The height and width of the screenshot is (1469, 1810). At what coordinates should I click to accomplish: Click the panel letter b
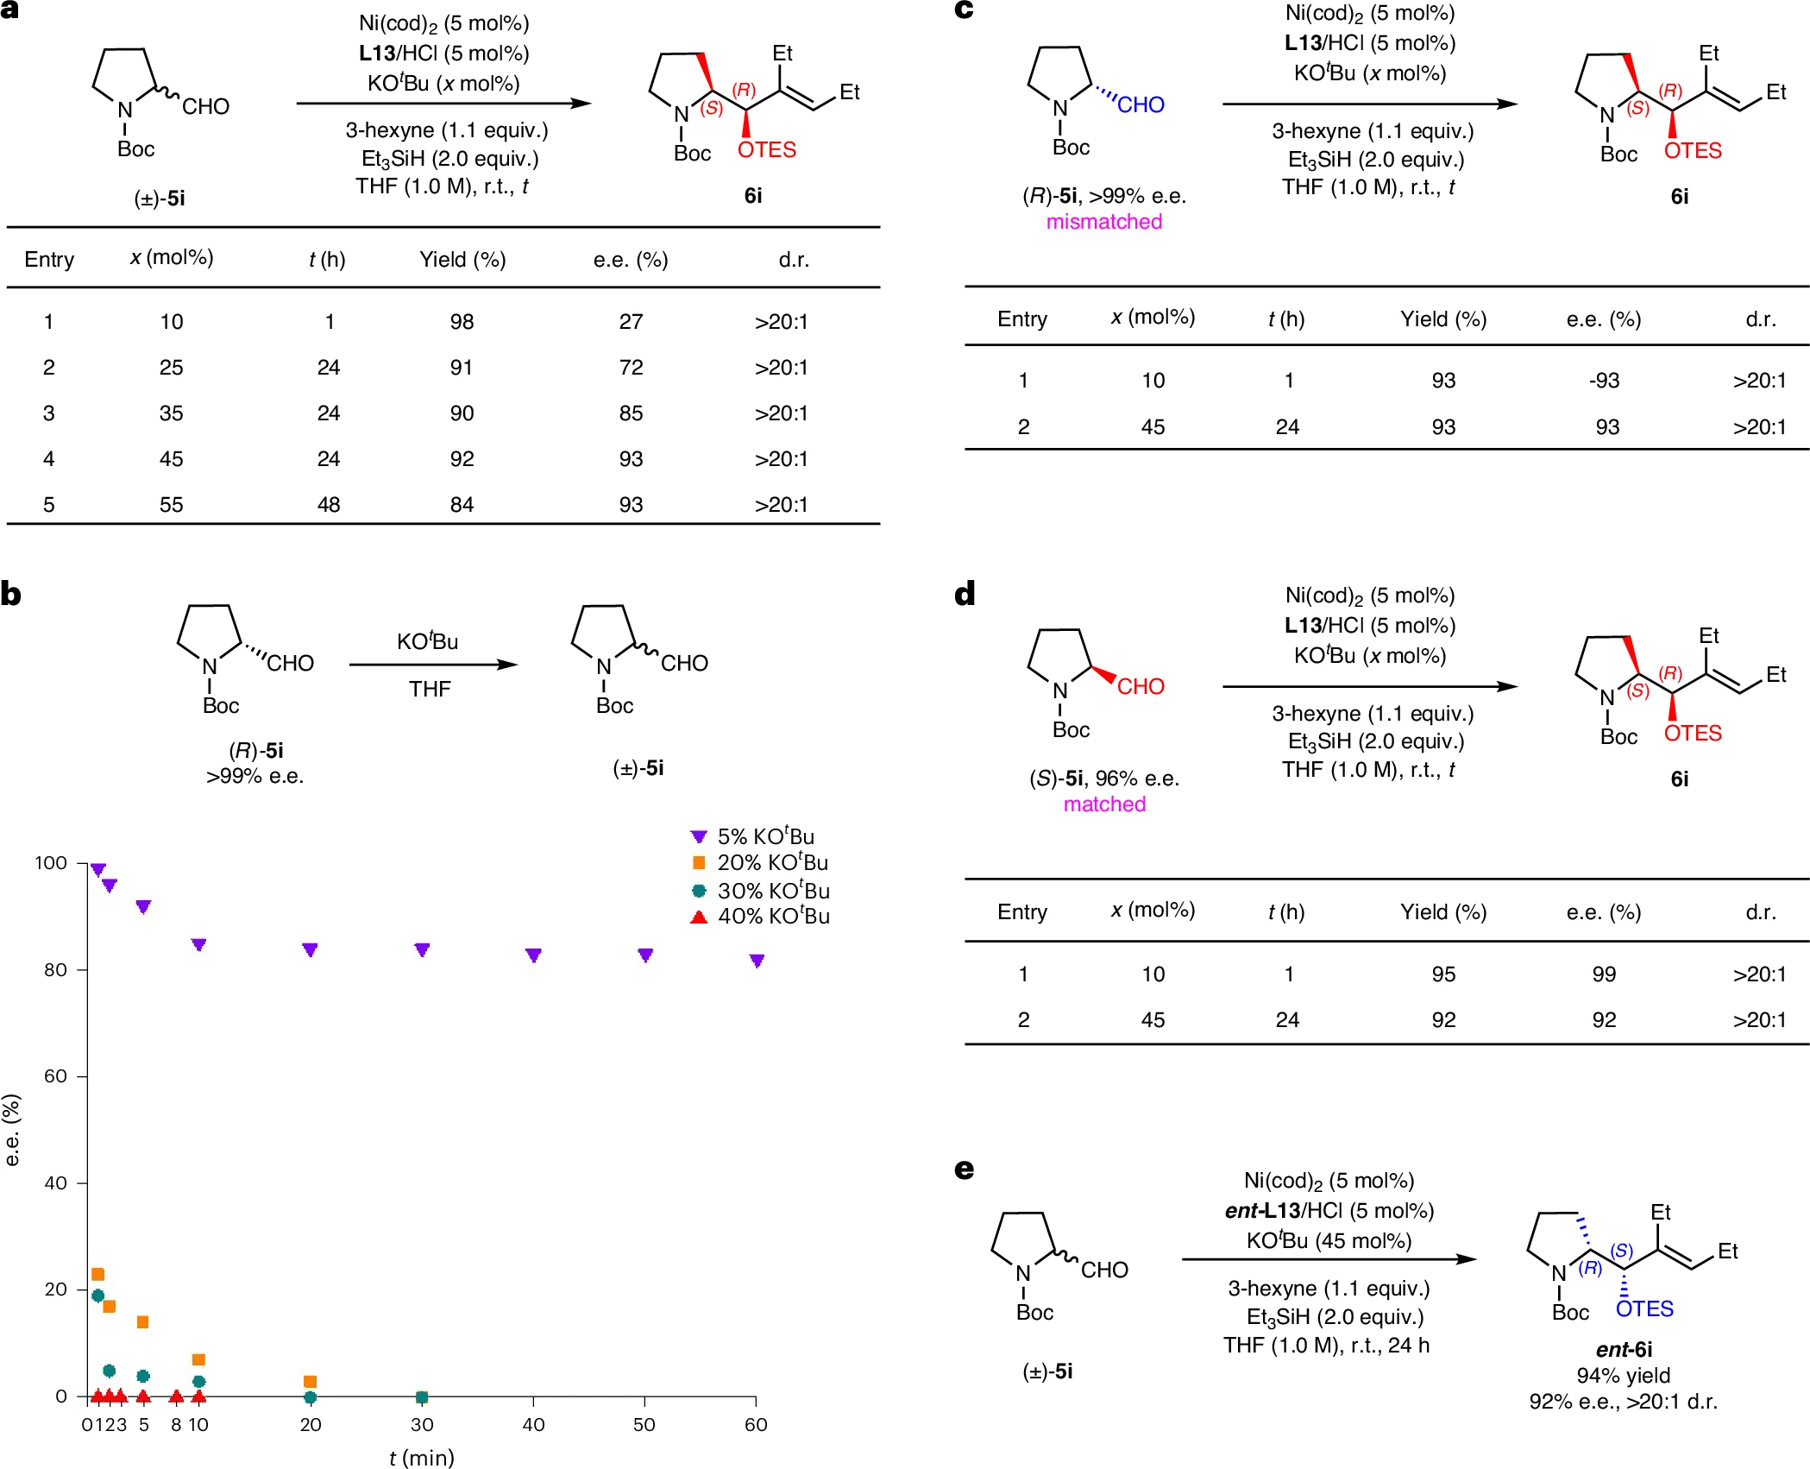(x=11, y=594)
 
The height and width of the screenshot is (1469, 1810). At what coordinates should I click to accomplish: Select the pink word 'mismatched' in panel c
(x=1103, y=222)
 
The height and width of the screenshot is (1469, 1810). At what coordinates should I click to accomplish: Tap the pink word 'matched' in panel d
(x=1104, y=804)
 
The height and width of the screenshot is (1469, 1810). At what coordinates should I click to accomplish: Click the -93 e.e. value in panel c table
(x=1604, y=381)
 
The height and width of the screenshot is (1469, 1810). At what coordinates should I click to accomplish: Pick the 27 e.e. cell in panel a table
(x=631, y=322)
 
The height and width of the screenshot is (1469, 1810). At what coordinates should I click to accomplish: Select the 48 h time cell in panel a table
(x=328, y=505)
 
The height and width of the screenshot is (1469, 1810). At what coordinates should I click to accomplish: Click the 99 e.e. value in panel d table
(x=1604, y=974)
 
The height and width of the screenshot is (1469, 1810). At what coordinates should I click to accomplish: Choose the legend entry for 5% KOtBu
(x=754, y=836)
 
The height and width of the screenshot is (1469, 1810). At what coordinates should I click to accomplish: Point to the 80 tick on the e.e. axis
(x=56, y=970)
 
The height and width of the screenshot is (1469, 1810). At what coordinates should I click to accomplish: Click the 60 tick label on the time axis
(x=756, y=1425)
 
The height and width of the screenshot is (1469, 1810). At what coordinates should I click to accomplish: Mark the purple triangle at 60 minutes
(x=757, y=961)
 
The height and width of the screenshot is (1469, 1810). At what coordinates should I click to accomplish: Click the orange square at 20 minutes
(x=311, y=1382)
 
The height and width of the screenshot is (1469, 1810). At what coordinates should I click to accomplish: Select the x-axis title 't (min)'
(x=421, y=1458)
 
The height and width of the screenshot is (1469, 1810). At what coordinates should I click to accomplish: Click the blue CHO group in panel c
(x=1141, y=104)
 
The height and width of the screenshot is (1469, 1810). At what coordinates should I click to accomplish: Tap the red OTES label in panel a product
(x=766, y=150)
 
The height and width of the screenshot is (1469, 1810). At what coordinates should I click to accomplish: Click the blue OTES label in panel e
(x=1643, y=1309)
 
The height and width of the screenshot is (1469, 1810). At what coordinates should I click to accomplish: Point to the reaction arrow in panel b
(x=432, y=665)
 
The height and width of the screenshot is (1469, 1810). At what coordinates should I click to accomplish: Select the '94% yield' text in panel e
(x=1623, y=1376)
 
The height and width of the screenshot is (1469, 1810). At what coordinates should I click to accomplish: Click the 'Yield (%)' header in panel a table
(x=462, y=260)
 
